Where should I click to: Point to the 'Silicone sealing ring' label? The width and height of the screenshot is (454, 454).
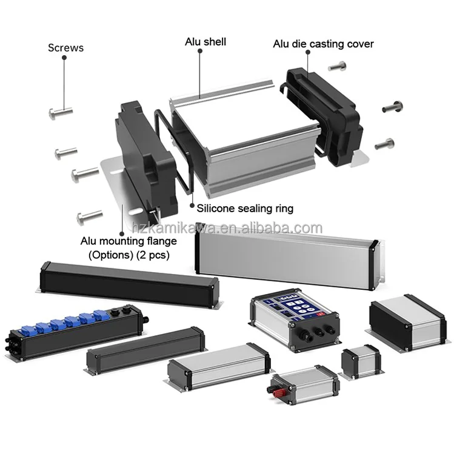point(245,208)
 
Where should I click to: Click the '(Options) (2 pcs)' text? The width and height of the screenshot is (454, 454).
point(129,255)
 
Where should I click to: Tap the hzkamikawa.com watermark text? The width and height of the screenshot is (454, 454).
point(227,229)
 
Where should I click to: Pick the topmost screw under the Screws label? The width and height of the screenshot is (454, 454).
point(60,112)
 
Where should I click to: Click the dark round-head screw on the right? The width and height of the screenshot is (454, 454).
point(392,107)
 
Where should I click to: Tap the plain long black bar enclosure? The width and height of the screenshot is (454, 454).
point(128,282)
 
